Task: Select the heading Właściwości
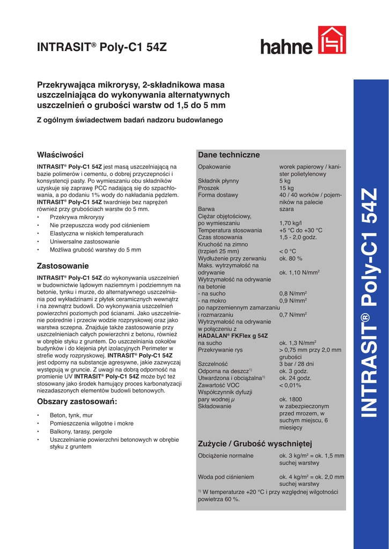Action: click(x=60, y=154)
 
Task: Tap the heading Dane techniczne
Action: click(x=229, y=155)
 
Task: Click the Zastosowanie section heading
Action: click(x=63, y=266)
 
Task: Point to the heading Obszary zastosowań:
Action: click(x=77, y=402)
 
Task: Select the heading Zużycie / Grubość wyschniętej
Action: click(x=255, y=443)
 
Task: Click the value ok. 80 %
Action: click(x=291, y=258)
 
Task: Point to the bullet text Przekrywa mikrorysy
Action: click(x=77, y=217)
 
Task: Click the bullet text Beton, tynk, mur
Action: click(x=71, y=416)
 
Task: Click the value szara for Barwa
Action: click(x=287, y=209)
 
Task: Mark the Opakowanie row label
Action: click(x=214, y=167)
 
